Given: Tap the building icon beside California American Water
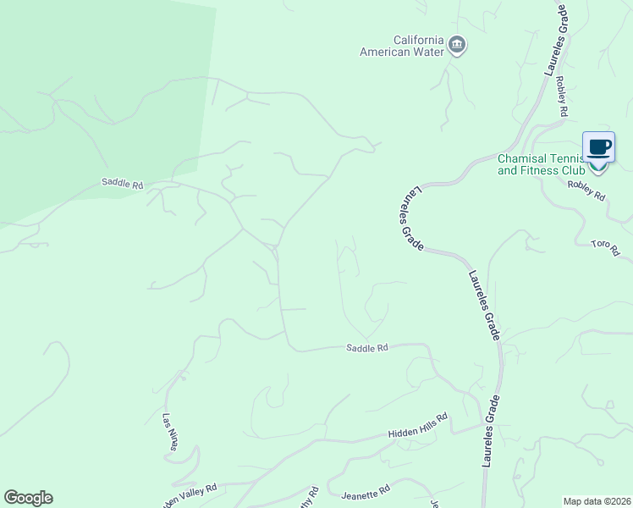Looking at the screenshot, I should [x=457, y=45].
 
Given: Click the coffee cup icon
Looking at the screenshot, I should [x=598, y=148].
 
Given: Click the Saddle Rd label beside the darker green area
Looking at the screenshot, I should [x=123, y=183].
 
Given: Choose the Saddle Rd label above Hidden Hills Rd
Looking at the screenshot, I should [x=367, y=348].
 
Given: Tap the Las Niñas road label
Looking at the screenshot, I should [x=172, y=432].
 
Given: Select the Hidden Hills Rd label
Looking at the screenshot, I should [x=417, y=433].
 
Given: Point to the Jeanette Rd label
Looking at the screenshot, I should [x=366, y=491].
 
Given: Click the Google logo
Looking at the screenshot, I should [x=28, y=498].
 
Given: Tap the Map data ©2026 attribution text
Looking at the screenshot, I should [x=597, y=501].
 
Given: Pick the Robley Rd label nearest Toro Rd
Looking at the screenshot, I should [x=586, y=190].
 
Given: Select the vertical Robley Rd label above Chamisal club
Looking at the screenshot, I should [x=561, y=97].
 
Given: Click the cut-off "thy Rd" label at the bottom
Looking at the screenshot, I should [x=313, y=494].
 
